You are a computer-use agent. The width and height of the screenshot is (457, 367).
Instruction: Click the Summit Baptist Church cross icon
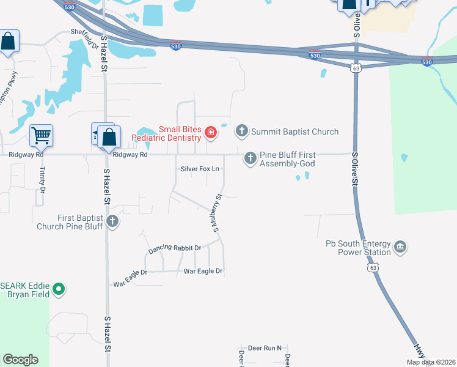point(242,131)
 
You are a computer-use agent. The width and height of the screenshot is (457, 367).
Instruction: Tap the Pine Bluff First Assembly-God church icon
point(250,158)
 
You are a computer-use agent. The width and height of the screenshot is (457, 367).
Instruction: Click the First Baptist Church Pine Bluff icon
point(112,221)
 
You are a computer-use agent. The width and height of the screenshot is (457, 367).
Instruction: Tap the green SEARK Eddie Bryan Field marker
point(59,289)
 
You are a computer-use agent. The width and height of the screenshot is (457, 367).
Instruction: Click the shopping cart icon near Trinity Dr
point(41,135)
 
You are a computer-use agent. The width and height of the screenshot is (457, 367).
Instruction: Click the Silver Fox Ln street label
point(199,169)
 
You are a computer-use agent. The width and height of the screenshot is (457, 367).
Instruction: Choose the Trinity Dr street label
point(43,181)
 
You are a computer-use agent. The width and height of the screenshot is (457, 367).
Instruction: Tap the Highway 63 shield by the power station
point(372,268)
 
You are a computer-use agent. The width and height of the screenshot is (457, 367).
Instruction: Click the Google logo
point(20,360)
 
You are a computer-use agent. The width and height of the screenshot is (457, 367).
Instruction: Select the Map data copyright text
point(431,362)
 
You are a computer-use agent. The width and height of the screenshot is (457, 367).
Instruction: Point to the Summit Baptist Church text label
point(295,132)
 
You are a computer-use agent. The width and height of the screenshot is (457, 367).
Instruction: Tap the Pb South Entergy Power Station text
point(358,248)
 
